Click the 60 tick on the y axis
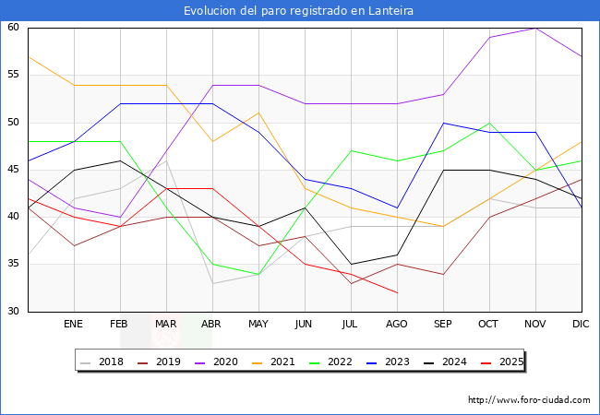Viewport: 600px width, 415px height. coord(14,28)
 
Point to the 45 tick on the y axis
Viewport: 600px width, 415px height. coord(14,170)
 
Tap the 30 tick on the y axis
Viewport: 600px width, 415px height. coord(14,312)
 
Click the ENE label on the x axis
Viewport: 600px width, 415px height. coord(74,325)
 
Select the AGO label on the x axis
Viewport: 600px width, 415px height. coord(397,325)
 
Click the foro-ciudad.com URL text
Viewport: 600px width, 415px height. coord(529,400)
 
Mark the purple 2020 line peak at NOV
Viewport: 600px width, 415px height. coord(535,28)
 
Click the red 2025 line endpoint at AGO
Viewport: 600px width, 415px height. coord(397,292)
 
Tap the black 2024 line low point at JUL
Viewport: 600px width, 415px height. coord(351,265)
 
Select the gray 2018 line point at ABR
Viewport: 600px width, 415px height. coord(212,283)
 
